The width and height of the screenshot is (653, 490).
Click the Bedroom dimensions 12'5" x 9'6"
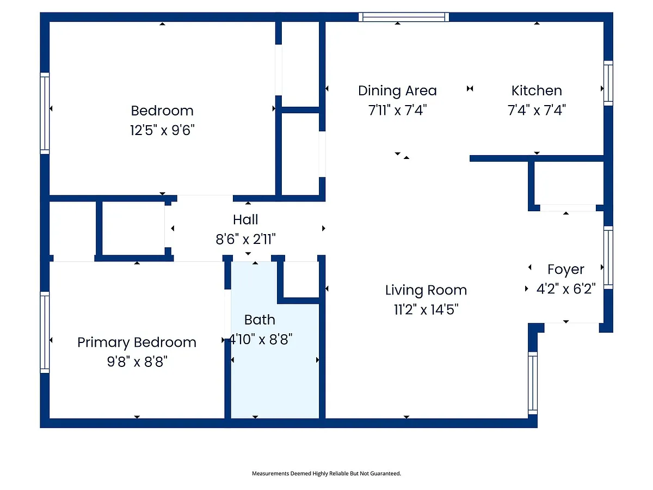[x=162, y=130]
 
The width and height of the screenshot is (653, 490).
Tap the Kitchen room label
[x=537, y=90]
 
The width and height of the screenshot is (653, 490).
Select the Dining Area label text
[x=397, y=91]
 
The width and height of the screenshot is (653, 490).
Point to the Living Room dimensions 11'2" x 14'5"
[x=426, y=309]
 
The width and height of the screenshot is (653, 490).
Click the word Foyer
[x=566, y=269]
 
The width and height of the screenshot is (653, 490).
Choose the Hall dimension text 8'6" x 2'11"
[x=246, y=239]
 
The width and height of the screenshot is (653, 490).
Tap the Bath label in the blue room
[x=260, y=320]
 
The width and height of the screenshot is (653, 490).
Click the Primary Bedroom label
[x=137, y=342]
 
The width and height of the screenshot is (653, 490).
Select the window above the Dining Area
[x=404, y=17]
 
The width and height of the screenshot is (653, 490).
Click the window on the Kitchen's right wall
[x=608, y=83]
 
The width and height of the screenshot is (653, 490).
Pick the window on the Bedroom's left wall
[x=45, y=113]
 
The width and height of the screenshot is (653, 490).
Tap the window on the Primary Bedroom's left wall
[x=45, y=332]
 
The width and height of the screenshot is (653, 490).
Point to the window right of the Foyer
[x=608, y=258]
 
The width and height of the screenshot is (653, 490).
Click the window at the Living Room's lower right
[x=533, y=383]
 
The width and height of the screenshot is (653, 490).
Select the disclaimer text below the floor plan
[x=326, y=473]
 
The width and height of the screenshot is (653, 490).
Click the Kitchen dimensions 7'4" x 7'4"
[x=537, y=110]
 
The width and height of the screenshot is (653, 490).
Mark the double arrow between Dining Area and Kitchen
[x=470, y=88]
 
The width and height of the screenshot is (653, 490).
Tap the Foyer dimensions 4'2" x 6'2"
[x=566, y=289]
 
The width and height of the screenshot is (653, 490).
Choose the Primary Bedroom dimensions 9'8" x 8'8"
[x=137, y=362]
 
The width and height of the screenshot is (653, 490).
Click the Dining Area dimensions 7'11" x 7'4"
[x=397, y=110]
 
